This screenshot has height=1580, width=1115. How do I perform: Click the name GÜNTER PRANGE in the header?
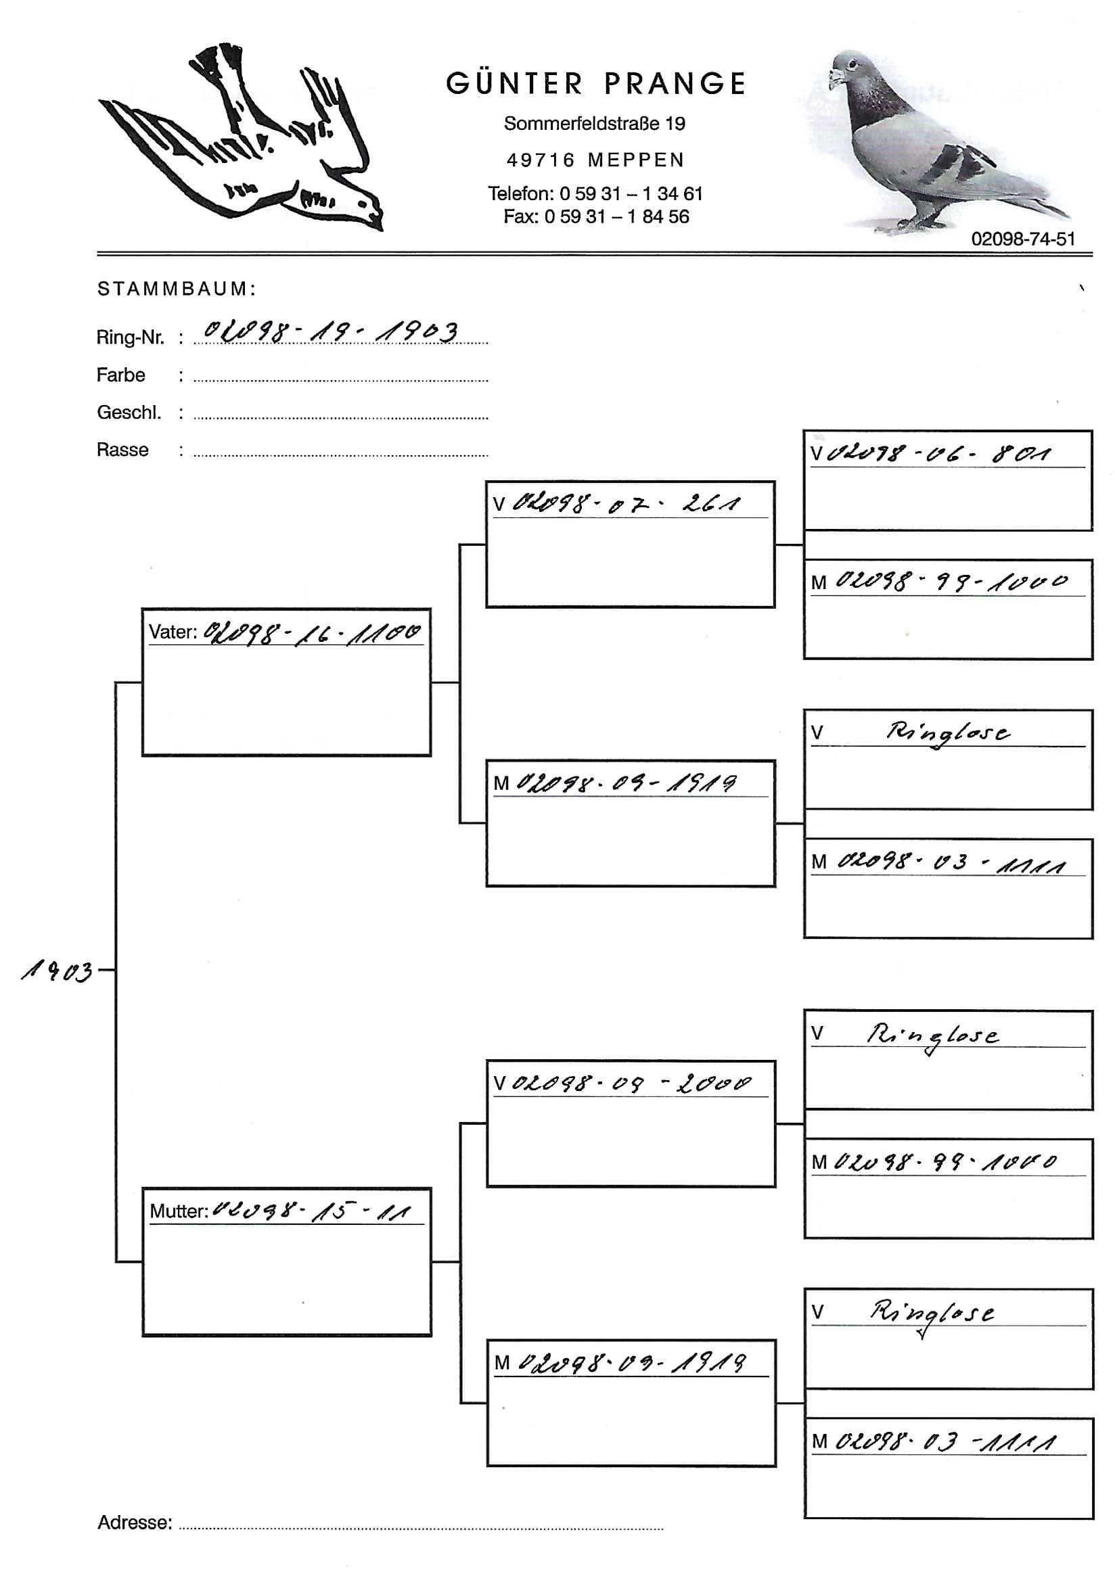pyautogui.click(x=595, y=84)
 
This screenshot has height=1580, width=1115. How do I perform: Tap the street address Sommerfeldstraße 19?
pyautogui.click(x=594, y=124)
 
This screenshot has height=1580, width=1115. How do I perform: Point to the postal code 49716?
pyautogui.click(x=541, y=160)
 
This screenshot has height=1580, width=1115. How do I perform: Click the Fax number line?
pyautogui.click(x=595, y=216)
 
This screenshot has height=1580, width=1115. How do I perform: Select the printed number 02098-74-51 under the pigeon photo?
pyautogui.click(x=1022, y=239)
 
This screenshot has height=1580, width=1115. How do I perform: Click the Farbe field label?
pyautogui.click(x=120, y=375)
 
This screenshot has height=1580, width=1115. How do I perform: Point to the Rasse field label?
pyautogui.click(x=122, y=450)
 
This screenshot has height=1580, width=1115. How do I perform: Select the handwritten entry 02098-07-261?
pyautogui.click(x=627, y=504)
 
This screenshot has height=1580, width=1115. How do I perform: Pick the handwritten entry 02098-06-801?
pyautogui.click(x=940, y=453)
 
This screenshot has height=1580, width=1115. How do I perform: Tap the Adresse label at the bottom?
pyautogui.click(x=134, y=1523)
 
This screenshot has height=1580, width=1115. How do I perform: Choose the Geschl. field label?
pyautogui.click(x=129, y=413)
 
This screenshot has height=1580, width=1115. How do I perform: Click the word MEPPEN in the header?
pyautogui.click(x=636, y=160)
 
